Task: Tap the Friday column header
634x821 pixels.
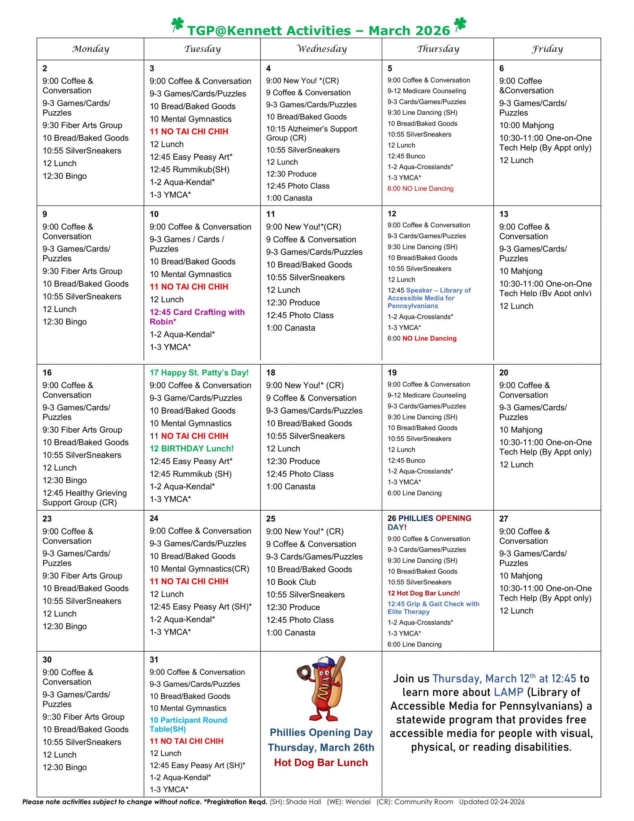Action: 547,49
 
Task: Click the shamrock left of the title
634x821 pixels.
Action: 177,25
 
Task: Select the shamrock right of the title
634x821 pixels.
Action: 460,24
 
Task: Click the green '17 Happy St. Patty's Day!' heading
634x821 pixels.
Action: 199,373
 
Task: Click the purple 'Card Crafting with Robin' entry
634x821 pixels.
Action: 197,317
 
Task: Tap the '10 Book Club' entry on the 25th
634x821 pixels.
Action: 291,582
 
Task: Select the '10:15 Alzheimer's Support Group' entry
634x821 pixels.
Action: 312,133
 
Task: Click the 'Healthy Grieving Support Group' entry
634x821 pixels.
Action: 85,497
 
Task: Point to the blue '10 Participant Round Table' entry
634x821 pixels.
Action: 188,724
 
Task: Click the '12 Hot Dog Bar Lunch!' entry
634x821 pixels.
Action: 423,593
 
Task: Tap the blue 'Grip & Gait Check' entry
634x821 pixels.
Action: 433,607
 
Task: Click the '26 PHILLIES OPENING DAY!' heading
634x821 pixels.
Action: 429,522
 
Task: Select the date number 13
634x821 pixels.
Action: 504,214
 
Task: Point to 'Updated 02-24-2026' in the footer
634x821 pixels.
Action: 492,802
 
